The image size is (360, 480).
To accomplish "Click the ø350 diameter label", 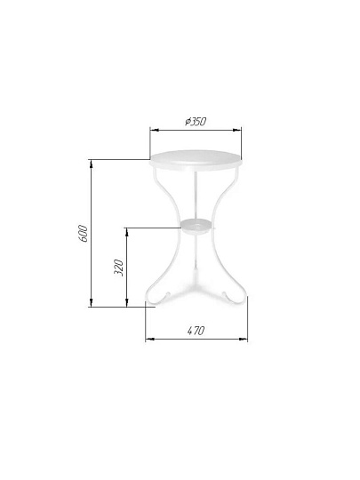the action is [196, 122].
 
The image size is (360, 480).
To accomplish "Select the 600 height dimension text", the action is [83, 234].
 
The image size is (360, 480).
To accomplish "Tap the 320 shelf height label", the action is [118, 268].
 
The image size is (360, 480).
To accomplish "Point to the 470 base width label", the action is [196, 331].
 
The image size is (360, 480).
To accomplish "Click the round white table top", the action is [196, 160].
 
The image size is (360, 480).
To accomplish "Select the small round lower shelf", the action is [196, 227].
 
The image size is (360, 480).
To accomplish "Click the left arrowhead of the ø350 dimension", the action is [154, 130].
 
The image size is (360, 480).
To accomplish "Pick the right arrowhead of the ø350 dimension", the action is [237, 130].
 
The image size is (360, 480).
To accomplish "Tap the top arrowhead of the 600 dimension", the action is [91, 164].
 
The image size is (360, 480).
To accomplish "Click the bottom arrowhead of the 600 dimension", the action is [91, 302].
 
